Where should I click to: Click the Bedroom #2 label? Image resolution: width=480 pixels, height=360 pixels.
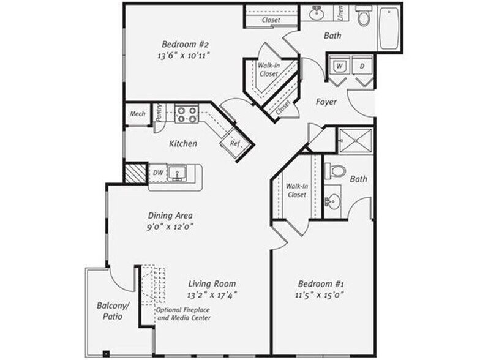coord(186,45)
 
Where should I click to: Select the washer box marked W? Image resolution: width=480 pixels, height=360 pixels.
coord(340,66)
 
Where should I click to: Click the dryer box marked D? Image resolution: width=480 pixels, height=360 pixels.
coord(362,66)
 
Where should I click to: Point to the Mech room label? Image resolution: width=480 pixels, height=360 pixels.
coord(137,114)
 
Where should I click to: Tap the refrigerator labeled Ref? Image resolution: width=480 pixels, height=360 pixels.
coord(235,144)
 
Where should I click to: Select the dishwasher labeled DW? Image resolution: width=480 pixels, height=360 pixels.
coord(157,173)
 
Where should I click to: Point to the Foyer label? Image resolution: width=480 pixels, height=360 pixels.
coord(326,102)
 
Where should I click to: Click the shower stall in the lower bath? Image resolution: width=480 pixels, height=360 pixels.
coord(356,140)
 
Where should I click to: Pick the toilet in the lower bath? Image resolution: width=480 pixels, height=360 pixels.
coord(336,171)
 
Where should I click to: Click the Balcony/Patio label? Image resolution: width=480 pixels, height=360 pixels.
coord(110,311)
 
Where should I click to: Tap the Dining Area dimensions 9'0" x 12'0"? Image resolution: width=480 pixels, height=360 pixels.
coord(170,225)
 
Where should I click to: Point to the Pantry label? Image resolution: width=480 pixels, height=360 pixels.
coord(158,113)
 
